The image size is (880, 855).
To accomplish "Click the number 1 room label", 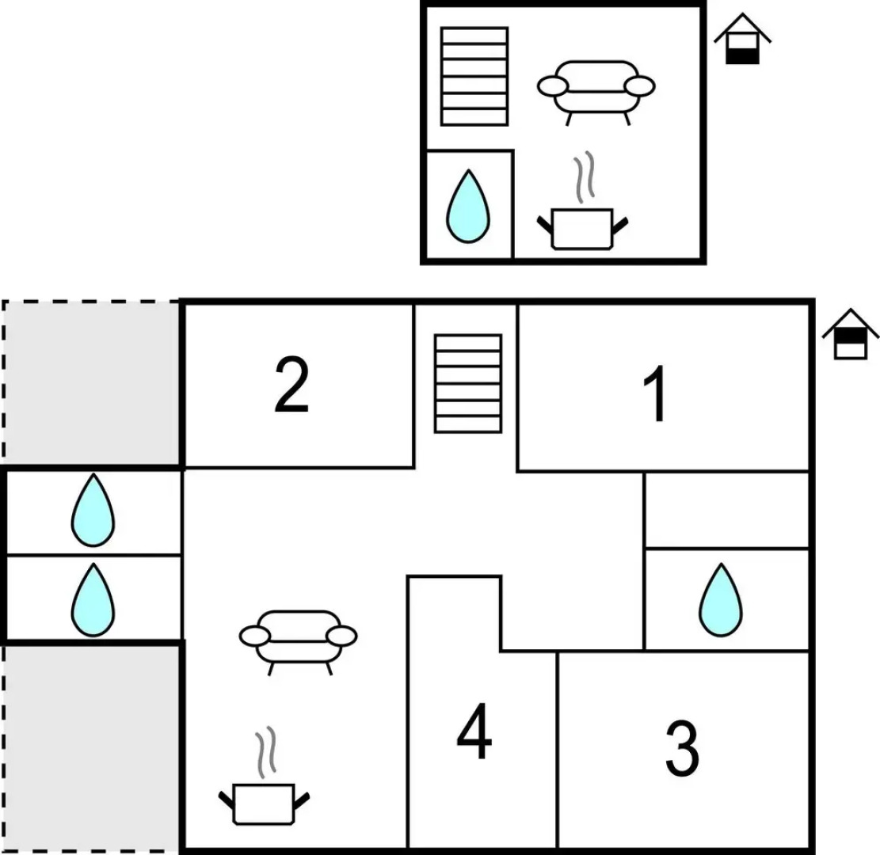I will pyautogui.click(x=657, y=393).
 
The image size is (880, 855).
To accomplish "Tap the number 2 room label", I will pyautogui.click(x=291, y=386).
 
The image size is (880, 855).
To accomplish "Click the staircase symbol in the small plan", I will pyautogui.click(x=474, y=76).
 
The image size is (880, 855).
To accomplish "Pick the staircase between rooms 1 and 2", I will pyautogui.click(x=468, y=383).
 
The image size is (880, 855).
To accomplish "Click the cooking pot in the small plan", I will pyautogui.click(x=582, y=227).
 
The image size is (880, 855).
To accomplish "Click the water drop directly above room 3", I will pyautogui.click(x=721, y=599).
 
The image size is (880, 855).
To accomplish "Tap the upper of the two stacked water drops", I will pyautogui.click(x=93, y=511).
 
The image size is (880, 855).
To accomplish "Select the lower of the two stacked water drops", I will pyautogui.click(x=93, y=599).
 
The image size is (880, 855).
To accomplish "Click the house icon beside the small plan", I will pyautogui.click(x=742, y=39).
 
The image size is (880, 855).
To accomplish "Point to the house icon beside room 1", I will pyautogui.click(x=850, y=334).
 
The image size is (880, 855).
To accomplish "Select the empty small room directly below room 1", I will pyautogui.click(x=726, y=510).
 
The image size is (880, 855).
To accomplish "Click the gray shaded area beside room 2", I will pyautogui.click(x=91, y=383).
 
